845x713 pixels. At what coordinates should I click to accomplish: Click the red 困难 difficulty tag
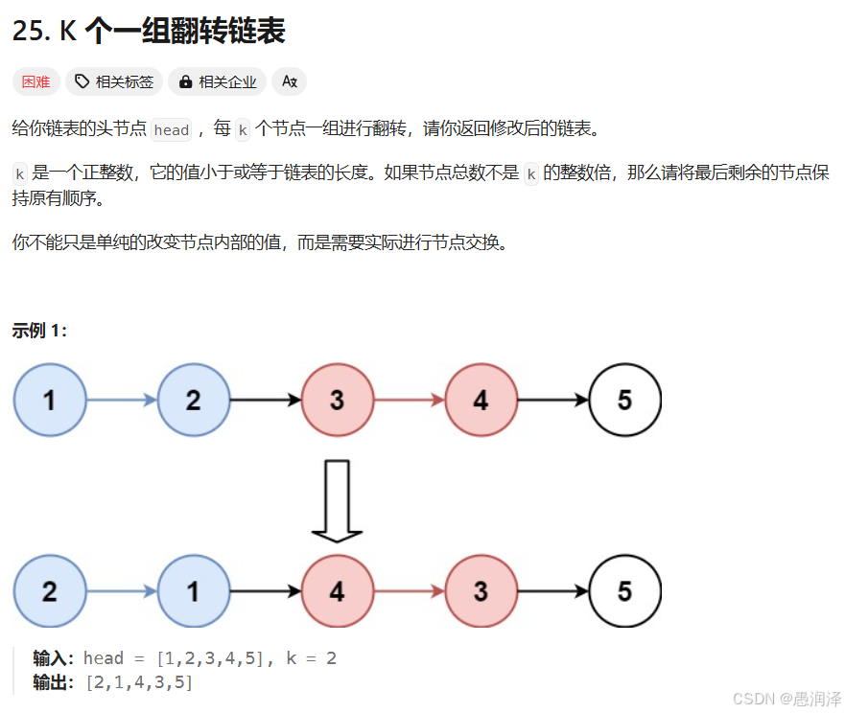pos(35,82)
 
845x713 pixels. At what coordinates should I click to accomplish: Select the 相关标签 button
pos(114,82)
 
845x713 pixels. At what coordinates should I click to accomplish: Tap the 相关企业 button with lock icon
pos(218,82)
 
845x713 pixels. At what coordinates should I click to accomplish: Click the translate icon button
pos(289,82)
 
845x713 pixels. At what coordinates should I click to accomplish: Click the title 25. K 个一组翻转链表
pos(149,31)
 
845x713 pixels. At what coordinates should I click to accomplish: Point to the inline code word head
pos(172,130)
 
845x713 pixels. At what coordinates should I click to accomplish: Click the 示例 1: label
pos(39,331)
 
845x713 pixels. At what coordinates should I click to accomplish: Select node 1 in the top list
pos(50,400)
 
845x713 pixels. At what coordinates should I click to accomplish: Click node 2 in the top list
pos(194,400)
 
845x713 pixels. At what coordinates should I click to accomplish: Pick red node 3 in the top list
pos(338,400)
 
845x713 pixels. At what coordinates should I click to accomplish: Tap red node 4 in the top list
pos(481,400)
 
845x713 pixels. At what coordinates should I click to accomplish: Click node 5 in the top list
pos(625,400)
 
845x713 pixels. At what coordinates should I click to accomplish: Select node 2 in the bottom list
pos(50,591)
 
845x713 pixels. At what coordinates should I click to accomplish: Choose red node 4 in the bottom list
pos(338,591)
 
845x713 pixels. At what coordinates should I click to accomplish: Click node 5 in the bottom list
pos(625,591)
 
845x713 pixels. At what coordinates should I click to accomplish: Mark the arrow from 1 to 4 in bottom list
pos(266,591)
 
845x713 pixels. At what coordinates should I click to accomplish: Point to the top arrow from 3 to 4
pos(410,400)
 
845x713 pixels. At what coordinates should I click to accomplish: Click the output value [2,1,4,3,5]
pos(139,682)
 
